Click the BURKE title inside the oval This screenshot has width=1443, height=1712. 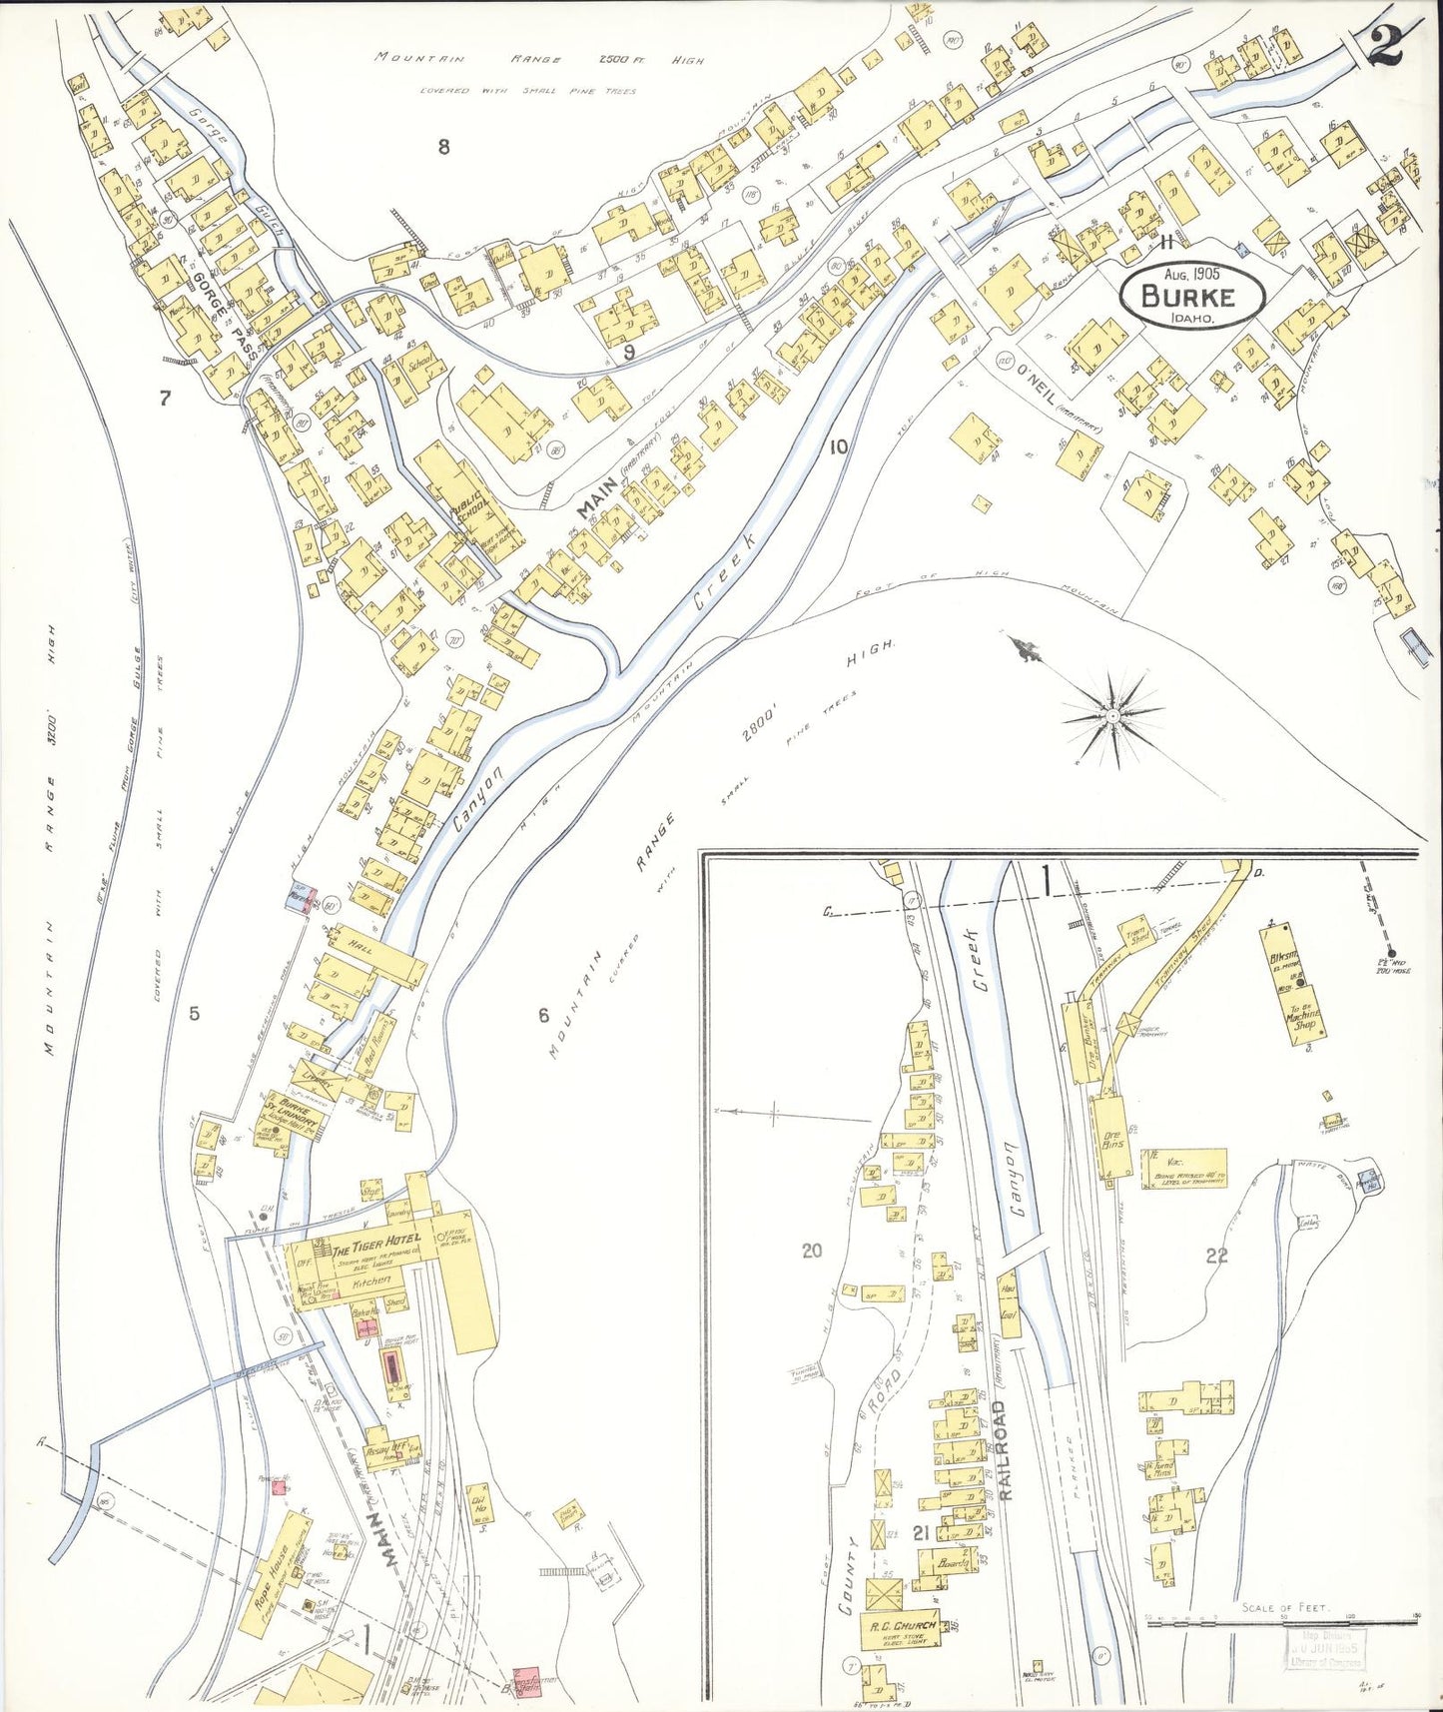pyautogui.click(x=1187, y=297)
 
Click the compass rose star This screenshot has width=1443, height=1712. pyautogui.click(x=1111, y=716)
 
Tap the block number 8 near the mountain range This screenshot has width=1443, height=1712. pyautogui.click(x=443, y=148)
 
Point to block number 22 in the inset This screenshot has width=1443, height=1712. pyautogui.click(x=1215, y=1256)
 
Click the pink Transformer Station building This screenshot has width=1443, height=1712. pyautogui.click(x=525, y=1681)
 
